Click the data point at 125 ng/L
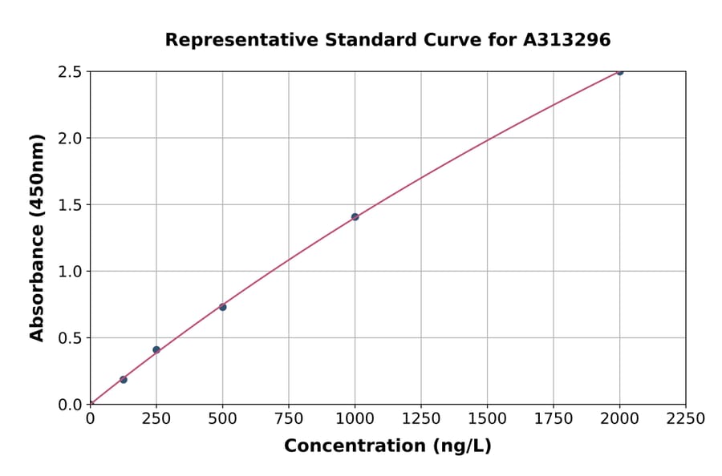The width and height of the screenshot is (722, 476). point(124,379)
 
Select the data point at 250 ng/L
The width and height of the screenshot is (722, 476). point(156,349)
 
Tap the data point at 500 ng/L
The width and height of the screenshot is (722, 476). point(223,307)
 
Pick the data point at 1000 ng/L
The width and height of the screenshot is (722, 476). point(355,216)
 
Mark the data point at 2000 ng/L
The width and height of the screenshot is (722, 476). point(619,71)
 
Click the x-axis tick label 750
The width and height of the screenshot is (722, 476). point(289,418)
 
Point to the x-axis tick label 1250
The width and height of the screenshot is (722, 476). point(421,418)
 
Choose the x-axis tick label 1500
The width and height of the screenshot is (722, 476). point(487,418)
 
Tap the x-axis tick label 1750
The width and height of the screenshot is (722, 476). point(554,418)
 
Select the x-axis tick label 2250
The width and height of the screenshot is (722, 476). point(685,418)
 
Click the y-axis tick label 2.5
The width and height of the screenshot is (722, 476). point(70,72)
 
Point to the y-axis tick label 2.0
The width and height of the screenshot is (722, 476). point(70,139)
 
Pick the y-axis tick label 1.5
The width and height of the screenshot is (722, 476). point(70,205)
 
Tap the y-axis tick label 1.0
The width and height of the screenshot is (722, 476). point(70,272)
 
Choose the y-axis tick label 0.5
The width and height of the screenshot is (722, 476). point(70,338)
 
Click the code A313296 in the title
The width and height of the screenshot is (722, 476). point(567,40)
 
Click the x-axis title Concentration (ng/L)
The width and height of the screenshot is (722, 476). point(387,446)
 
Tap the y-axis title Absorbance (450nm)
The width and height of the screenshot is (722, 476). point(37,237)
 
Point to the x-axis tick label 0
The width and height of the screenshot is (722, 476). point(90,418)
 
